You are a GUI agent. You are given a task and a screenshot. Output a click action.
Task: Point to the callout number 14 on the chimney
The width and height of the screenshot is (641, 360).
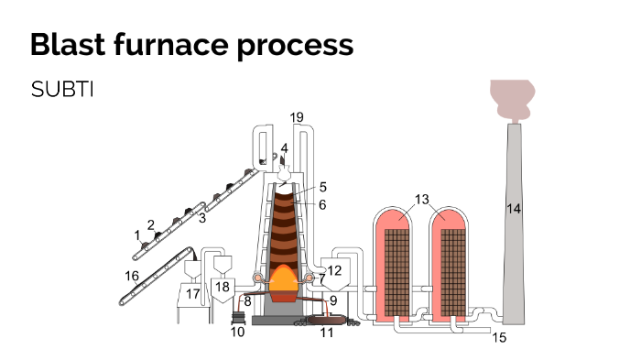(x=514, y=210)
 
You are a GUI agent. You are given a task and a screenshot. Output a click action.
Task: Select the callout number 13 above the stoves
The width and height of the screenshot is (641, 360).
(x=421, y=199)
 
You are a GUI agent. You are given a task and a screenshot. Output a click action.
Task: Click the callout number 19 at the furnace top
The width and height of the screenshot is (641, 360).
(x=296, y=117)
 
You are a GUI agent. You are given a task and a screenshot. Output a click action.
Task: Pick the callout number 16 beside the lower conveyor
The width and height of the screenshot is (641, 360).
(x=132, y=275)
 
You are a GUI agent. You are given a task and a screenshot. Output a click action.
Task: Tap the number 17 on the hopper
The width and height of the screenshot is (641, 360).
(x=192, y=294)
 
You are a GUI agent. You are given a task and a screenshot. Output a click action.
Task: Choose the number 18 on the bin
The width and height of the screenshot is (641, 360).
(x=223, y=287)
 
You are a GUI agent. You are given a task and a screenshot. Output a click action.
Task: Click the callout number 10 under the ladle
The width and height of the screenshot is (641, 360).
(x=237, y=333)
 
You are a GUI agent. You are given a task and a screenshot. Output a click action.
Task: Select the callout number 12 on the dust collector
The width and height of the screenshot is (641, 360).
(x=334, y=270)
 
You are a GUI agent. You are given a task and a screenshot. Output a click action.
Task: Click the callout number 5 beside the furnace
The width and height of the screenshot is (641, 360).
(x=322, y=187)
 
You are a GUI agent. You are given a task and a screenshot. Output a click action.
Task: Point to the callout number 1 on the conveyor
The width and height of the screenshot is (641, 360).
(x=137, y=235)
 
